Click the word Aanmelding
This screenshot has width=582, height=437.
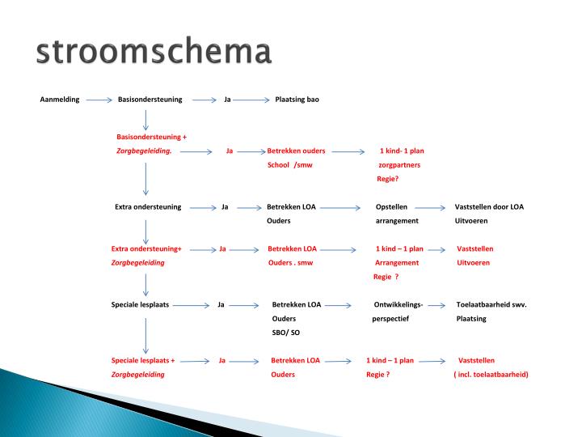[x=60, y=100]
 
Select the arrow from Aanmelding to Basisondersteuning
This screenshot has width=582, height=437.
[x=99, y=100]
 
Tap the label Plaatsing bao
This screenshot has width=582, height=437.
[x=297, y=100]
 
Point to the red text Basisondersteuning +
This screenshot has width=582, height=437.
[x=152, y=137]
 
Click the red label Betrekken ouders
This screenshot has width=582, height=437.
[x=296, y=151]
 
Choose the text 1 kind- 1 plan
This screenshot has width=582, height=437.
[x=402, y=151]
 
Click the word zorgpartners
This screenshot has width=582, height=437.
[x=399, y=164]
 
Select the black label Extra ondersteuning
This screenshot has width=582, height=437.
[x=148, y=206]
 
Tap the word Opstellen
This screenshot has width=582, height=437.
[x=391, y=206]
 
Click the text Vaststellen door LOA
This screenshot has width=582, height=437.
[x=489, y=206]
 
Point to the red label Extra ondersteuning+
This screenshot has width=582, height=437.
[x=146, y=248]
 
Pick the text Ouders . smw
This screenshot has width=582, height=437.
[x=290, y=262]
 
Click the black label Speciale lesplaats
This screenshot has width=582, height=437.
[x=140, y=304]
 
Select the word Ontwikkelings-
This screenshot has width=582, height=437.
[x=399, y=304]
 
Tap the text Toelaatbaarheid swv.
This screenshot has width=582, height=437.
[x=491, y=304]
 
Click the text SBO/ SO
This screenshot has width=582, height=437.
[x=286, y=333]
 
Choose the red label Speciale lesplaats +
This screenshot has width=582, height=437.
[x=143, y=360]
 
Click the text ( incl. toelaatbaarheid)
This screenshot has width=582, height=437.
[x=491, y=375]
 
